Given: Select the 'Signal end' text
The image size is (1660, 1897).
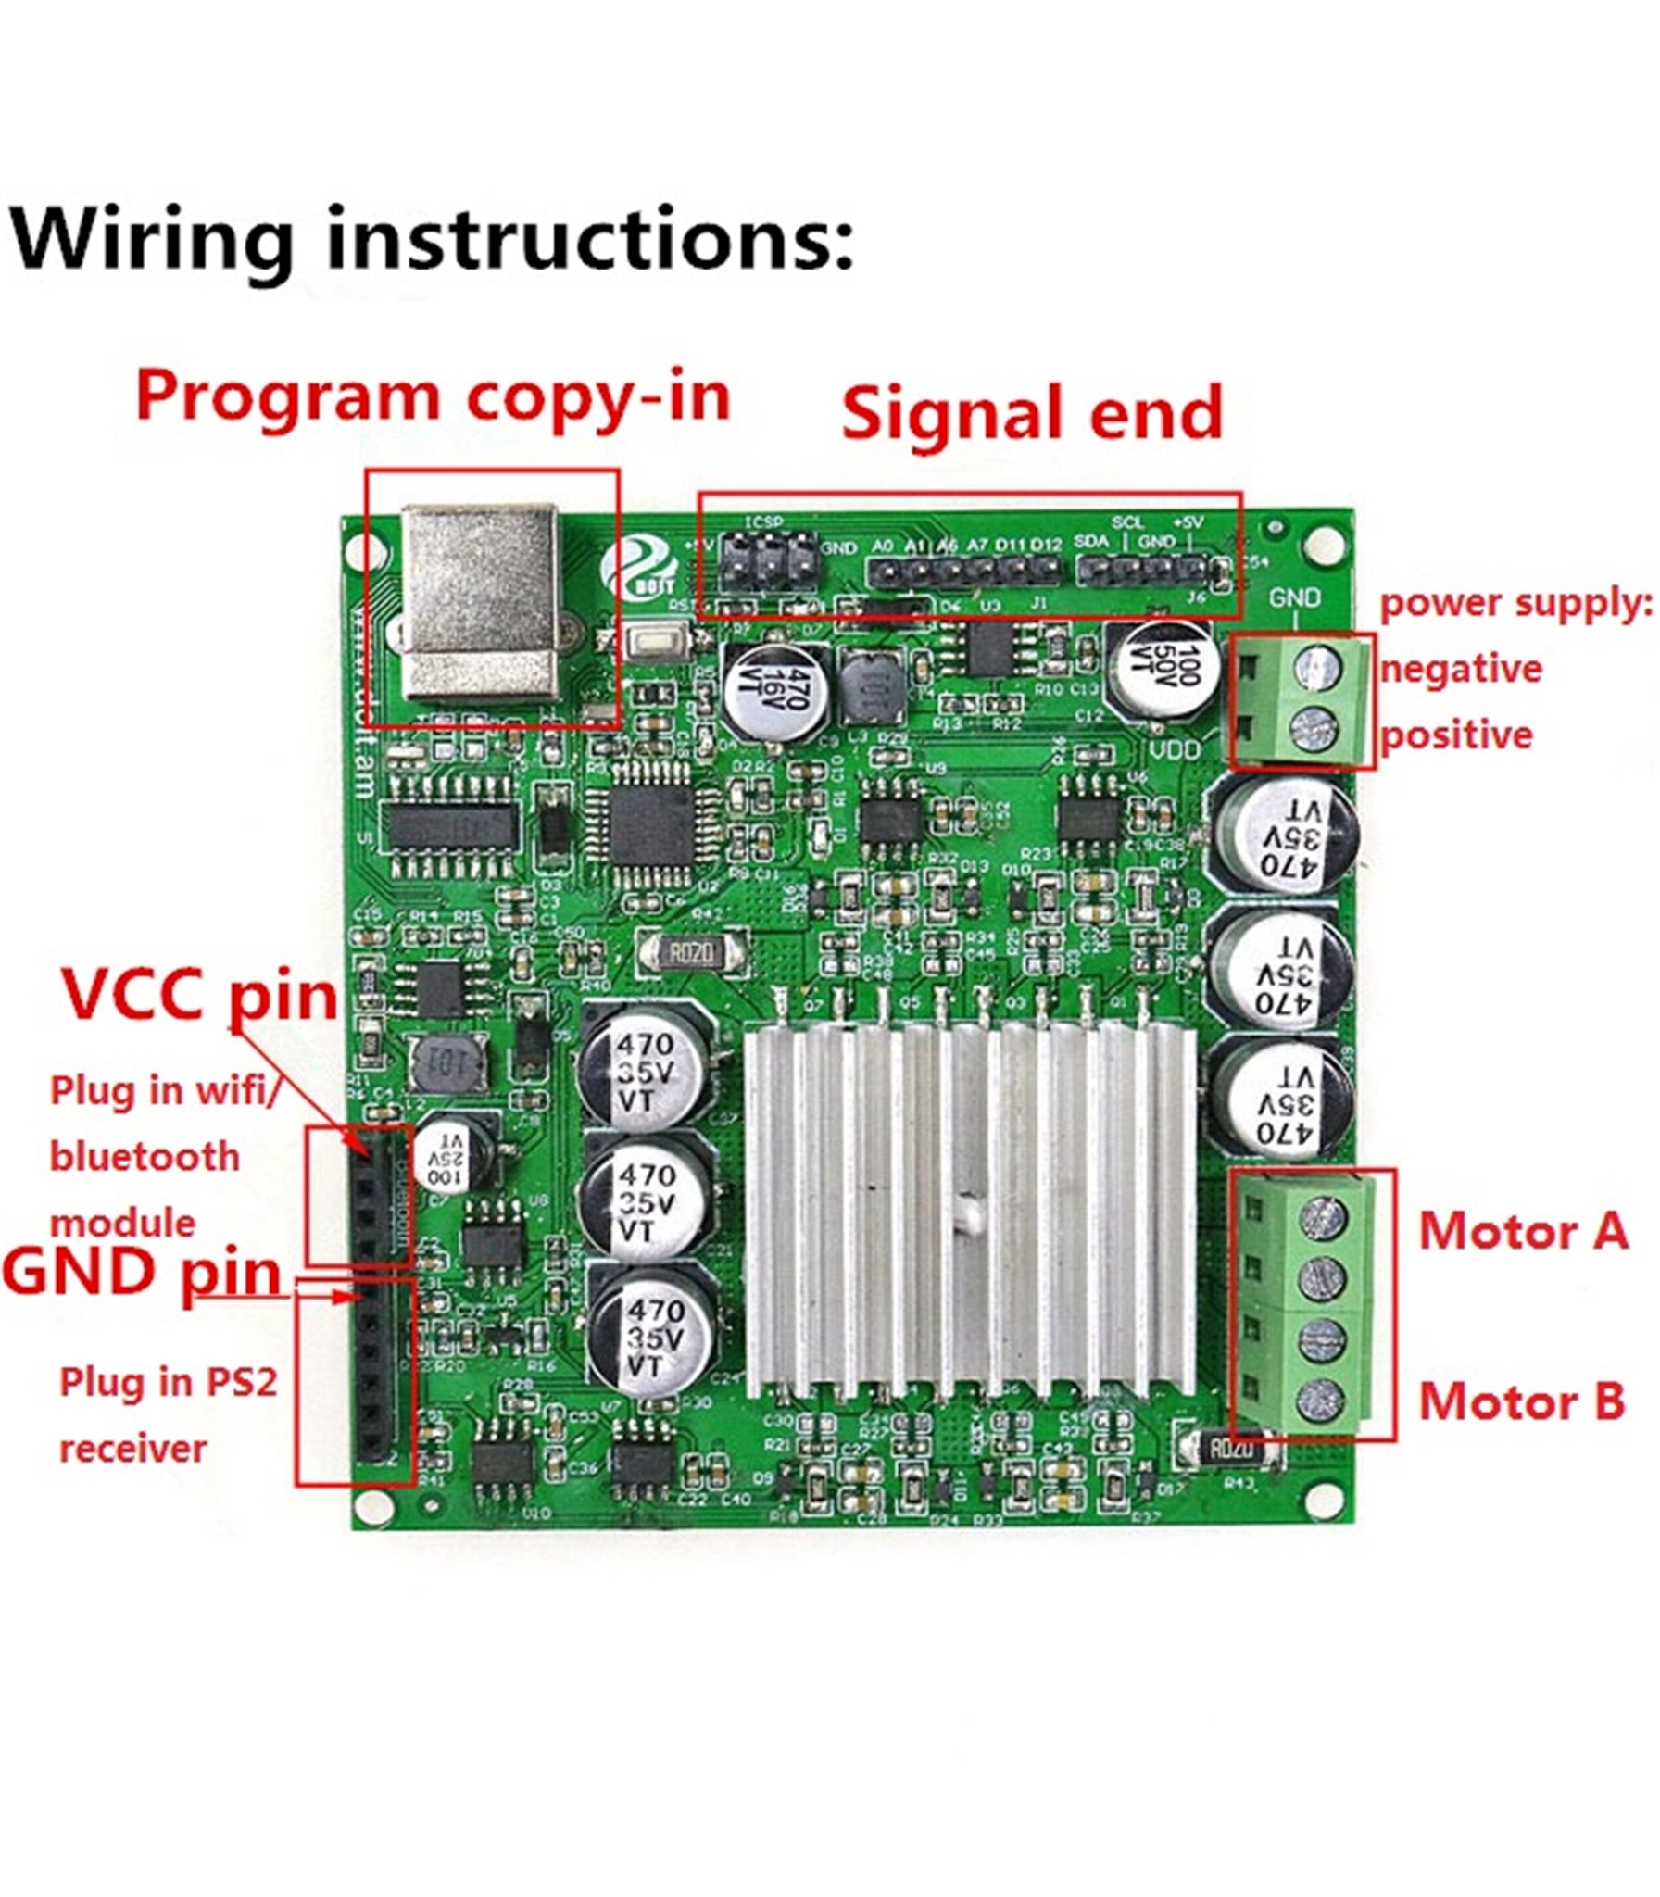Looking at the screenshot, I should point(1032,414).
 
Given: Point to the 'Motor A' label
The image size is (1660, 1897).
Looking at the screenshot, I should point(1523,1232).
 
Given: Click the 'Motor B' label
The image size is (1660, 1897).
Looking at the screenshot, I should point(1521,1401).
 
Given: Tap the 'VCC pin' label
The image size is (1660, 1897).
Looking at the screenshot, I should point(199,995).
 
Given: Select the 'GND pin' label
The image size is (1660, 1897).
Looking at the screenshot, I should point(142,1273).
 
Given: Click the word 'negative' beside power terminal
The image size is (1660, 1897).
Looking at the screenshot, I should point(1461,669).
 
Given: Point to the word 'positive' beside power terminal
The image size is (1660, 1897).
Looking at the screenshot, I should point(1456,735).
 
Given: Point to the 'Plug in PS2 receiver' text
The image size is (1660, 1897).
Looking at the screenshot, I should point(168,1415).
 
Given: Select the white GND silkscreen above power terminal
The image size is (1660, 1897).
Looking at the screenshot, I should point(1294,597).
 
